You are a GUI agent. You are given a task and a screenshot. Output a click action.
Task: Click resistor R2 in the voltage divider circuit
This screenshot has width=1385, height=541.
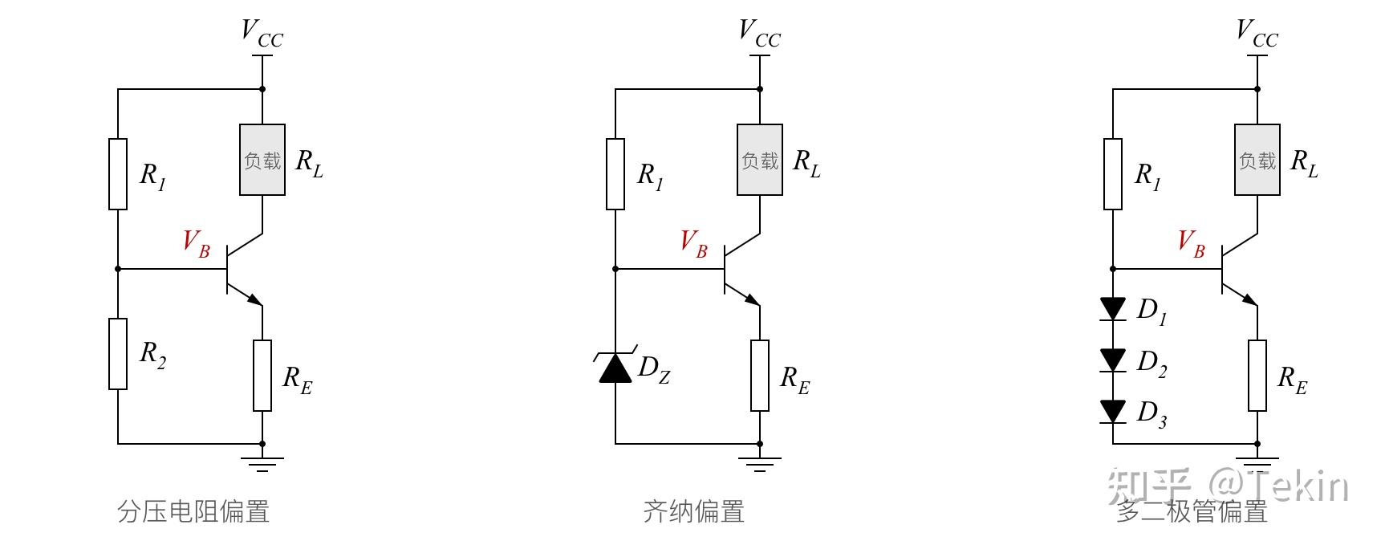pos(118,354)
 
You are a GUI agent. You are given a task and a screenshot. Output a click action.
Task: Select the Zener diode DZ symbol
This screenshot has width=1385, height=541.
pos(615,367)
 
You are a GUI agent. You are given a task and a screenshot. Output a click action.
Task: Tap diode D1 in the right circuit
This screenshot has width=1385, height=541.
pos(1113,308)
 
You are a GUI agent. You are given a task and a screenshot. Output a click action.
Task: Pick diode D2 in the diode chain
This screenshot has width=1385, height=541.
pos(1113,360)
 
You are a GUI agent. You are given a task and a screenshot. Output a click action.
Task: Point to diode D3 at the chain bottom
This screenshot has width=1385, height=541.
pos(1113,411)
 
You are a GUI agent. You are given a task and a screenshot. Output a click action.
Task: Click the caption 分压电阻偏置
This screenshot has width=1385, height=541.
pos(193,511)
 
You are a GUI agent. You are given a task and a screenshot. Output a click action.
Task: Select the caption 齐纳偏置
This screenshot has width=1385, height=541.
pos(693,511)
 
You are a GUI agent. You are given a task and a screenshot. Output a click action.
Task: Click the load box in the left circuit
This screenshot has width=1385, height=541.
pos(262,160)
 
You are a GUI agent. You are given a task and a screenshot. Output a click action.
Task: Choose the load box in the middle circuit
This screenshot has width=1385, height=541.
pos(760,160)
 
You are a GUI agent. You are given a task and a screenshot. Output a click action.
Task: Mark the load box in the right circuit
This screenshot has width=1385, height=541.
pos(1257,160)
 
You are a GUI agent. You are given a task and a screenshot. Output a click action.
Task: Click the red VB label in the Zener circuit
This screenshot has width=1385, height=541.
pos(693,242)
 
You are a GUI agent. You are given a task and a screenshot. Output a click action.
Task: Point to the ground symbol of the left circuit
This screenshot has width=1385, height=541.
pos(262,462)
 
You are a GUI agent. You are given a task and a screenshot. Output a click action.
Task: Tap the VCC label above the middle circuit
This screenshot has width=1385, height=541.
pos(758,34)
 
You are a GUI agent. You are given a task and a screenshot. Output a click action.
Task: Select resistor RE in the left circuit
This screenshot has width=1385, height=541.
pos(262,376)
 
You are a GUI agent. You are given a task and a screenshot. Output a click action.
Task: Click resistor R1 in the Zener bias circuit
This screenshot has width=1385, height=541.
pos(615,174)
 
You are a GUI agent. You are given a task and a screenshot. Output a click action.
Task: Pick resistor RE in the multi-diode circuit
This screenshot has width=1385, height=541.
pos(1257,376)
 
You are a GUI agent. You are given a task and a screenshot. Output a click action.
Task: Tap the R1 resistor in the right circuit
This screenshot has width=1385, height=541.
pos(1113,174)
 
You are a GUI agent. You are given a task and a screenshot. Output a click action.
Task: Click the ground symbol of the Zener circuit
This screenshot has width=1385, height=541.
pos(760,462)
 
